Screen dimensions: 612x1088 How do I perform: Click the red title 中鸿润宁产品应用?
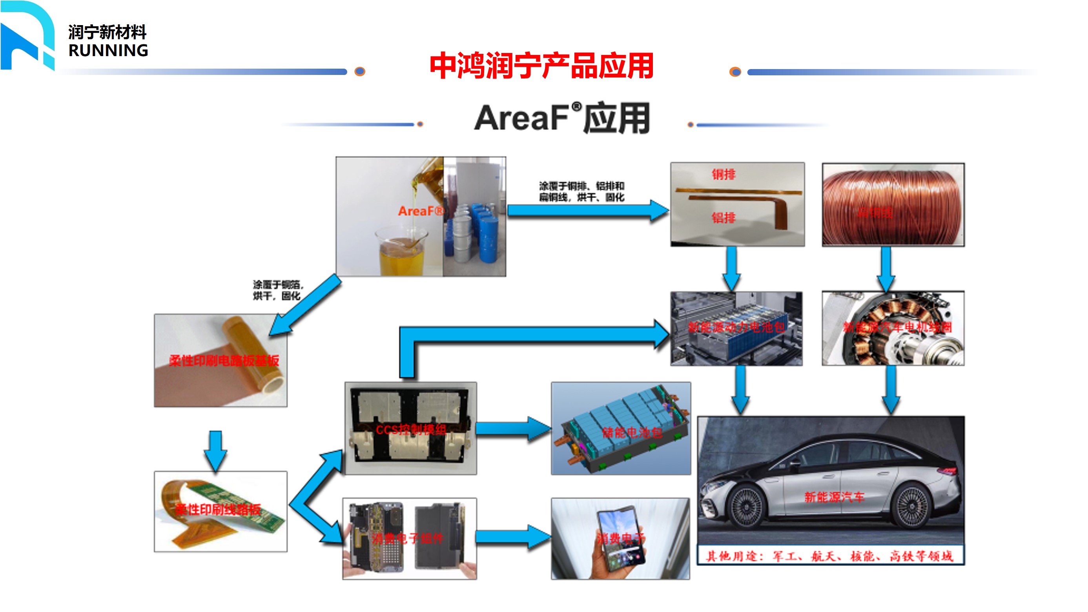point(541,66)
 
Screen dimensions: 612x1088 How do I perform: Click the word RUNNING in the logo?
point(108,51)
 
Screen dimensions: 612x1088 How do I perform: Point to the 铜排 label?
point(724,174)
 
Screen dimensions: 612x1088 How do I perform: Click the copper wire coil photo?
point(893,204)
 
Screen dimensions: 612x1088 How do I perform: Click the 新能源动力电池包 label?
point(736,327)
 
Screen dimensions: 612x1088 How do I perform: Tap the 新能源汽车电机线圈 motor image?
point(893,328)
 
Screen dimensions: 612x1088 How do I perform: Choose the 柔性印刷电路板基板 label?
point(224,360)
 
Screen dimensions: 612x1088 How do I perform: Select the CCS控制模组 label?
point(410,430)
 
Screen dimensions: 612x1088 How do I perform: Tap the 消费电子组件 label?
point(408,538)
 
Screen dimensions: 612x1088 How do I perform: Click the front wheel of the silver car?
point(746,506)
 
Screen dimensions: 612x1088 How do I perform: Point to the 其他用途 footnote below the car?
point(830,556)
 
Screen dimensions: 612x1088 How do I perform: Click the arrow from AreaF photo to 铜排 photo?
point(587,210)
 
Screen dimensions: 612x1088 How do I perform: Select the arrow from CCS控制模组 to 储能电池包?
point(513,429)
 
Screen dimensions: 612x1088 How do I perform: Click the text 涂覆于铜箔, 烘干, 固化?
point(277,290)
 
